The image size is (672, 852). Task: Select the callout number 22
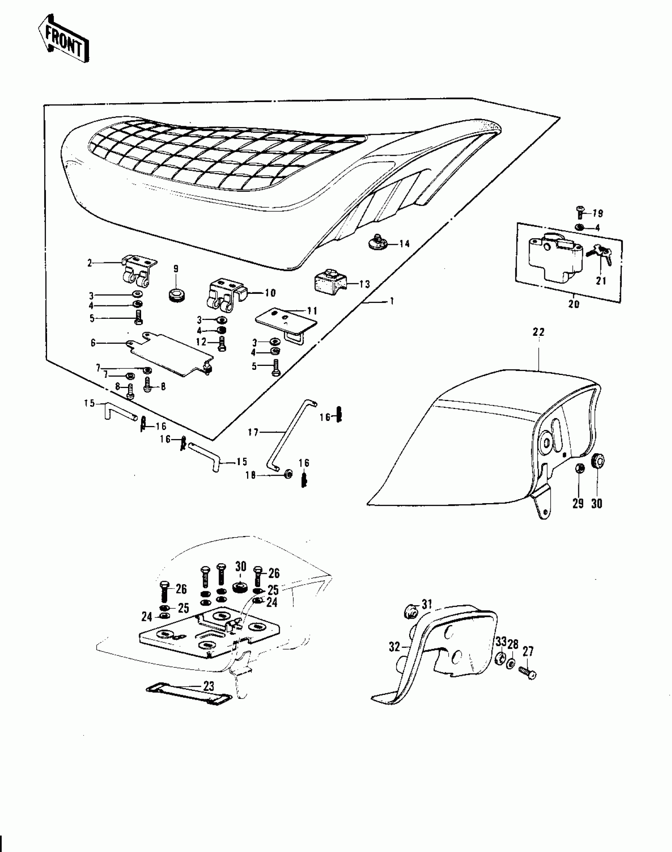point(538,332)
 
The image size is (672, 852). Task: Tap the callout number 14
point(404,244)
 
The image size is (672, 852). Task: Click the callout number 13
point(364,284)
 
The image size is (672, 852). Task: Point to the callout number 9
point(176,269)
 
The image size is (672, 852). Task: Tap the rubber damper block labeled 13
point(329,282)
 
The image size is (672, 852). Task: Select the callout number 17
point(253,432)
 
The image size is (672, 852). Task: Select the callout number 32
point(395,647)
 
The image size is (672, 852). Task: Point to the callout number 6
point(93,343)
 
